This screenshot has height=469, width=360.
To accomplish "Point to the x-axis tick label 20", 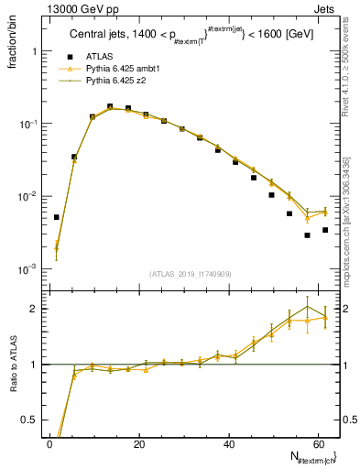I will coord(138,444).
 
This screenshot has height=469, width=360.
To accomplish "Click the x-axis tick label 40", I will coord(228,444).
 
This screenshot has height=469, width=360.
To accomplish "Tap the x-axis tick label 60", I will coord(317,444).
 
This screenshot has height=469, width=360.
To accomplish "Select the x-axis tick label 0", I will coord(49,444).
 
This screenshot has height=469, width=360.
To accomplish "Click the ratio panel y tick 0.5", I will coord(32,420).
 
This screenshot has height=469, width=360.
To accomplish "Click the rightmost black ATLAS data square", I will coord(325,230).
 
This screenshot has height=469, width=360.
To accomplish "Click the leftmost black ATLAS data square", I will coord(56,217).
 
